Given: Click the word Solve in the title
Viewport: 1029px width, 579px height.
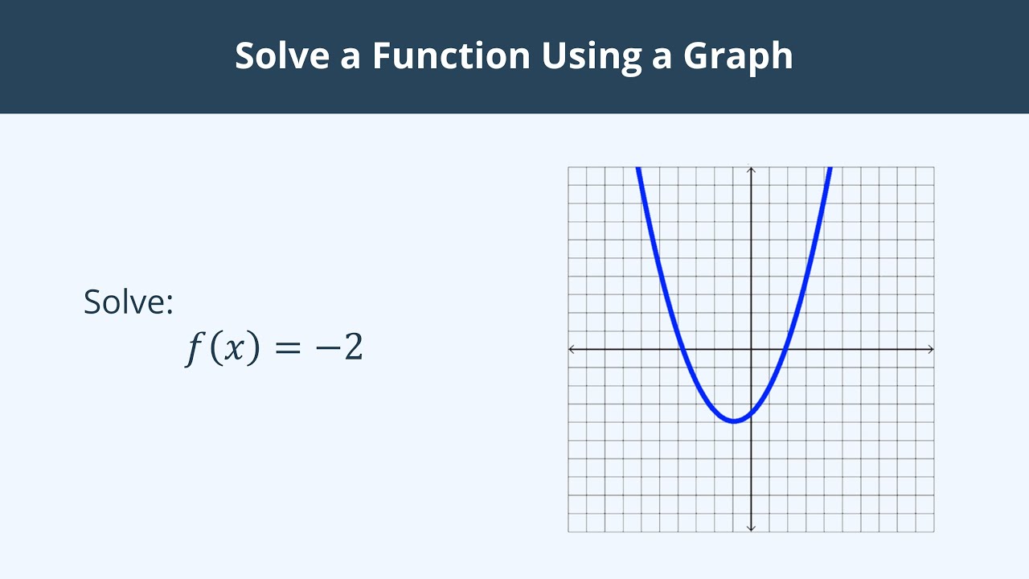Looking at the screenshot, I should point(280,56).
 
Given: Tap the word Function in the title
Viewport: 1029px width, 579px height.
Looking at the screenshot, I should point(451,56).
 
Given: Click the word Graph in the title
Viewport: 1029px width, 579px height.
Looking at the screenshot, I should point(738,56).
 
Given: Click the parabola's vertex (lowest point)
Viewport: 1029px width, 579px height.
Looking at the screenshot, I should point(733,421).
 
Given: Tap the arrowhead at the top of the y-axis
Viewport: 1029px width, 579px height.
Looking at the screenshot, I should point(751,169).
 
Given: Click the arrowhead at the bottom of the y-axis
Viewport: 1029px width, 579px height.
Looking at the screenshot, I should point(751,528).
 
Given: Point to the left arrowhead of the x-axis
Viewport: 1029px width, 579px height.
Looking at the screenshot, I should point(572,349).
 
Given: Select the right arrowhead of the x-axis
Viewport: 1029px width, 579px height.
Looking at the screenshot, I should point(931,349).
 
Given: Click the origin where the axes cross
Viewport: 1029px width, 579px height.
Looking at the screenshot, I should point(751,349).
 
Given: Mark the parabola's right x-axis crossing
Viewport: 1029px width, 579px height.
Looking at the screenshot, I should point(785,349).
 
